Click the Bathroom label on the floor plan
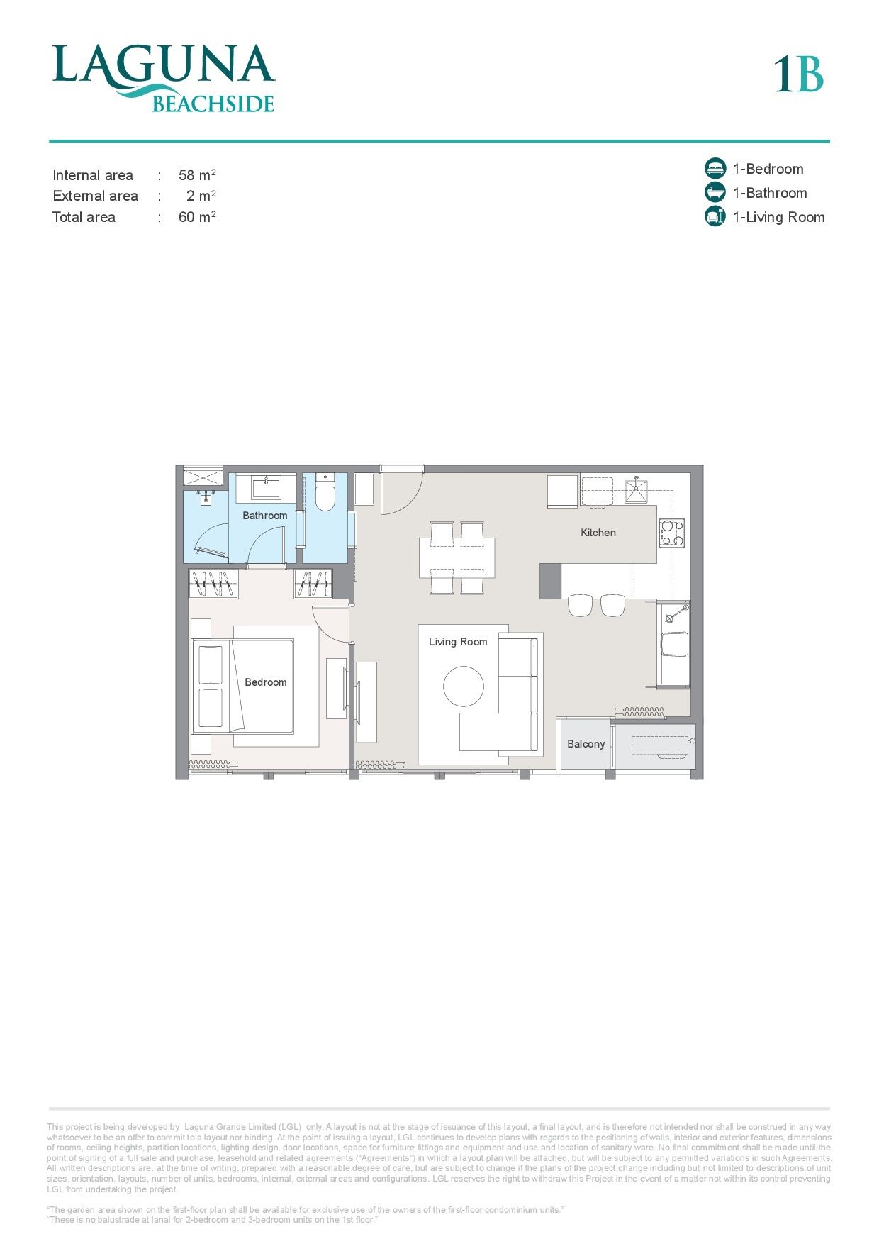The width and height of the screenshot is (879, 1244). click(265, 516)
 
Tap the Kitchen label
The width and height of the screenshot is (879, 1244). click(598, 533)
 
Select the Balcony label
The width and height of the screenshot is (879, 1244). click(586, 744)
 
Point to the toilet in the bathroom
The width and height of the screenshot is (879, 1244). click(325, 494)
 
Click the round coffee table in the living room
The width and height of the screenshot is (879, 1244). click(464, 686)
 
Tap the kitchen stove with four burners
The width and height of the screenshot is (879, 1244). click(672, 533)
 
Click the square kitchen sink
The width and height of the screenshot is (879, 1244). click(636, 490)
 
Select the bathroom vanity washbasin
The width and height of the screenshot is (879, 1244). click(266, 488)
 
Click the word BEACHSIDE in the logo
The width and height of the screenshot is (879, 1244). click(213, 104)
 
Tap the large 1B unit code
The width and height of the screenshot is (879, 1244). click(798, 74)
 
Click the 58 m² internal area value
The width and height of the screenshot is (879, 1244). click(197, 174)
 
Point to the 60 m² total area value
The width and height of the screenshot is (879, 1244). click(197, 217)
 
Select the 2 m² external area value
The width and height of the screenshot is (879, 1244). click(201, 196)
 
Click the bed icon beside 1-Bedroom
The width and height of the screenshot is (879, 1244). click(715, 168)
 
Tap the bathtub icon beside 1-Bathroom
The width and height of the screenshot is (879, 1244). click(715, 192)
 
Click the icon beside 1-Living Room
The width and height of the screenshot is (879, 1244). click(715, 216)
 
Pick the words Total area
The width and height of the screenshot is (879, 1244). click(84, 217)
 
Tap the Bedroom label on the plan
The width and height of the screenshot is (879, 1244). click(266, 682)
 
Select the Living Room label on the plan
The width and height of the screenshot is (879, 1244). click(458, 642)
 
